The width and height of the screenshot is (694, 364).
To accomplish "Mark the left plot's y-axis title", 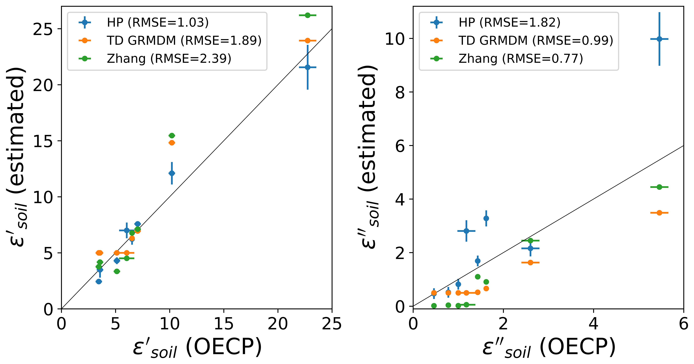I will tap(17, 157).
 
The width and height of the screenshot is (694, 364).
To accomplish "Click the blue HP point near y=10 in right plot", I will tap(659, 39).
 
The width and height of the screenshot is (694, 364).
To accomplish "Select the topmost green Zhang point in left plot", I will tap(307, 15).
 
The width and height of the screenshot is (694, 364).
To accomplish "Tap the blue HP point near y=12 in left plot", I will tap(172, 173).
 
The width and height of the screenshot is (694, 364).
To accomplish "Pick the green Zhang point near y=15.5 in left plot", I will tap(172, 136).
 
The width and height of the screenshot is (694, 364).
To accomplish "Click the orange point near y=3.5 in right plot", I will tap(659, 213).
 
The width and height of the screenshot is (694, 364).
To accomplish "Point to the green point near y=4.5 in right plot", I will tap(659, 187).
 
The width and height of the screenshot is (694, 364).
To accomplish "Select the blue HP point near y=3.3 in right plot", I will tap(486, 218).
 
